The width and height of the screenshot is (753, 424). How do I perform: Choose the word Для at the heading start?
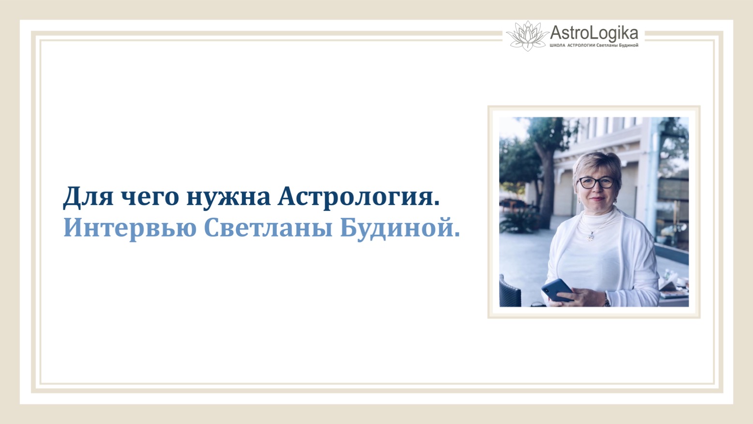click(88, 197)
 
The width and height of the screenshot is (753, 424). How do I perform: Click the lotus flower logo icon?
click(527, 35)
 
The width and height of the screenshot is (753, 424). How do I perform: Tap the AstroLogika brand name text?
click(594, 33)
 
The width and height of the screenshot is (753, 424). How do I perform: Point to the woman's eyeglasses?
click(596, 182)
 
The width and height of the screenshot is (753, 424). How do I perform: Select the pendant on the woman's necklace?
click(591, 237)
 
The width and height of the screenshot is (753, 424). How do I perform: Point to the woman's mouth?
click(597, 198)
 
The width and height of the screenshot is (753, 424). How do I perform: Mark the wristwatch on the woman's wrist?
click(607, 301)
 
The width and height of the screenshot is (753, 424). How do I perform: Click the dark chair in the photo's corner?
click(510, 292)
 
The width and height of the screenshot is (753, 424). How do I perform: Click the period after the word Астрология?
click(437, 204)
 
